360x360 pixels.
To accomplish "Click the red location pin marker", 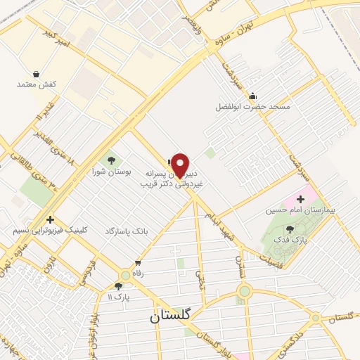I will coord(181,166).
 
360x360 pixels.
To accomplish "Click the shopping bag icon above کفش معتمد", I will coord(36,74).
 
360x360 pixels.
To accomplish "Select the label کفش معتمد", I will coord(36,84).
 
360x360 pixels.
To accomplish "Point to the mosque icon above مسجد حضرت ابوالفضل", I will coord(253,96).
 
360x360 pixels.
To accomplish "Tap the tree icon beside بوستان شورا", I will coord(111,161).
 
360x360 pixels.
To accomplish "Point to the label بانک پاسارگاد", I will coord(127,231).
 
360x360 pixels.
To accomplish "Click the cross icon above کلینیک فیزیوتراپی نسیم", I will coord(50,219).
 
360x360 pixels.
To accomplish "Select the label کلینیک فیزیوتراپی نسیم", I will coord(51,230).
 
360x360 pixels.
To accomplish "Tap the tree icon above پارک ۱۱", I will coord(118,286).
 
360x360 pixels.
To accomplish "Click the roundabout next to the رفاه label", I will coord(125,275).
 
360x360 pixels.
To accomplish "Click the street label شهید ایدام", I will coord(219,228).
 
